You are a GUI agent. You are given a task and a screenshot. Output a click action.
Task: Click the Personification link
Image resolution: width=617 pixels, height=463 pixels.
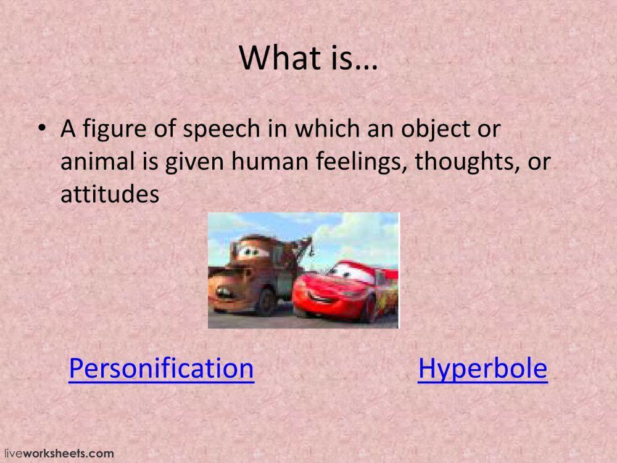pos(161,369)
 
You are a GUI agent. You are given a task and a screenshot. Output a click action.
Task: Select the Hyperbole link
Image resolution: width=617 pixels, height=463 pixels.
pos(482,369)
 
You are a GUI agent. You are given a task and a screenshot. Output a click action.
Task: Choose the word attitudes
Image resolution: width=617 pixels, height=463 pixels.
pos(110,194)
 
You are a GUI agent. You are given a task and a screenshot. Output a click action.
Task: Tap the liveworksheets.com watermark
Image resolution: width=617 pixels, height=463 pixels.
pos(58,453)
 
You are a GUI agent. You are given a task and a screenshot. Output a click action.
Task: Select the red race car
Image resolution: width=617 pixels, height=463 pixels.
pos(346,290)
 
